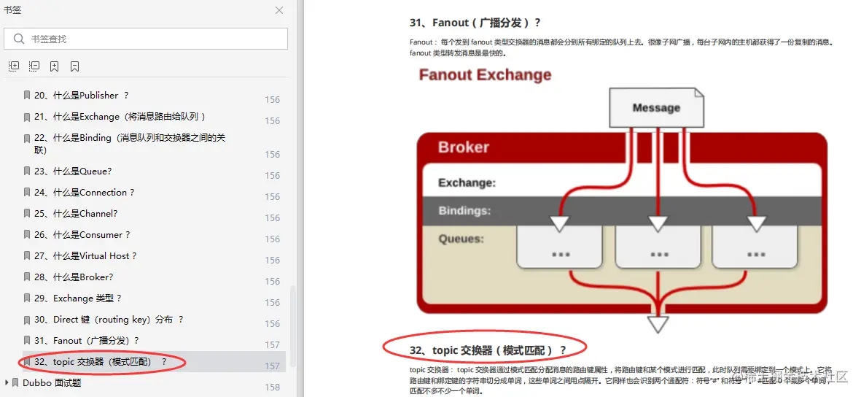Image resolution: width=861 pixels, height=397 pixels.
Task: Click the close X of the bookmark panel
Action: coord(279,10)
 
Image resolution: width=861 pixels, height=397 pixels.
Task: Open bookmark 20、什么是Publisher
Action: coord(81,96)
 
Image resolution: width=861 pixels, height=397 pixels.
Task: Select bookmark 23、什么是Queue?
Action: coord(72,171)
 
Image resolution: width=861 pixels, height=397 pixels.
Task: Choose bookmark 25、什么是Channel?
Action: coord(75,214)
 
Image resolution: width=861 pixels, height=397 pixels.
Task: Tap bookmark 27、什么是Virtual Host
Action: coord(85,256)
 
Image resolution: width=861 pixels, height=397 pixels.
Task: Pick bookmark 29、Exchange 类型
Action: coord(77,298)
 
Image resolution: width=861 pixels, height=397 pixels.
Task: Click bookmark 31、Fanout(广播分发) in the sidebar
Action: coord(86,341)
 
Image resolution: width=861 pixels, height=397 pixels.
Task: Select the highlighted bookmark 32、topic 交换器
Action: coord(101,362)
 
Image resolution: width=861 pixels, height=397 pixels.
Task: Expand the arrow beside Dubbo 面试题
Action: coord(7,382)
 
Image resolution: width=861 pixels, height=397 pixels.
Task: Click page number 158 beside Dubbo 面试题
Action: coord(272,387)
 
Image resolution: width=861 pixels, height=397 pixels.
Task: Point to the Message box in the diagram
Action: coord(656,108)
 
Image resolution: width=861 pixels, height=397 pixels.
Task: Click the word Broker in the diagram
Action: coord(464,147)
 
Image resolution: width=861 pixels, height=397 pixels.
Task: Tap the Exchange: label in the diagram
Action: coord(467,183)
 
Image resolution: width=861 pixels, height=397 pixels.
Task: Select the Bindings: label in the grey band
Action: coord(464,211)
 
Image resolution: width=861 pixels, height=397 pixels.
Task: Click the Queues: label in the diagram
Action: coord(461,239)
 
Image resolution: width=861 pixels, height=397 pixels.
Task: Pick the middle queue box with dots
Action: coord(658,247)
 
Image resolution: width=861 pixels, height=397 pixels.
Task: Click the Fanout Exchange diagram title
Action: coord(485,75)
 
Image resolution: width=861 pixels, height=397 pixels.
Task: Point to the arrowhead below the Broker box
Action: coord(658,324)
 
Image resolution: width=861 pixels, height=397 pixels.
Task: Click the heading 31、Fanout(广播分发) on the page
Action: coord(475,23)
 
